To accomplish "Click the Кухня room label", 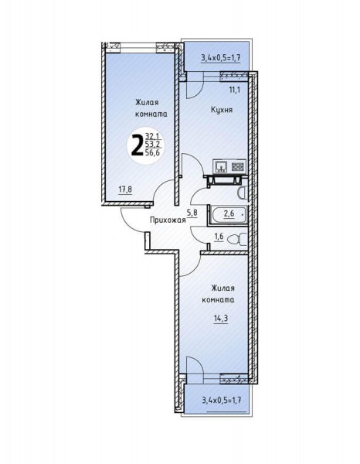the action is click(x=222, y=110).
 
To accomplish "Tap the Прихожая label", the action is click(x=168, y=220).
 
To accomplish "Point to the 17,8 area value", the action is click(x=125, y=189).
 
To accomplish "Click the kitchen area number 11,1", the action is click(x=235, y=90).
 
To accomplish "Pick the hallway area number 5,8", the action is click(x=192, y=213).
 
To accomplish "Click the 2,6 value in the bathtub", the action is click(x=229, y=213).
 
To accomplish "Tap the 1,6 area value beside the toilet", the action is click(x=219, y=237).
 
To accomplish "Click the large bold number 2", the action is click(x=137, y=144).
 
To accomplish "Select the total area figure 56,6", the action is click(x=152, y=152).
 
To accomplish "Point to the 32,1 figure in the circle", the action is click(x=153, y=136).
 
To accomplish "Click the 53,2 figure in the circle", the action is click(x=152, y=145).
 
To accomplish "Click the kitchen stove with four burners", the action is click(x=237, y=166).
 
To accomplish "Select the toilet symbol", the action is click(x=238, y=238).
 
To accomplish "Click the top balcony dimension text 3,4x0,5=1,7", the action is click(x=221, y=57).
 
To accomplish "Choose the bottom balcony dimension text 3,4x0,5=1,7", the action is click(x=222, y=401).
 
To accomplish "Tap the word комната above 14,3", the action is click(x=218, y=299).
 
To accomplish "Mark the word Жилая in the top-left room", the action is click(x=147, y=102).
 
